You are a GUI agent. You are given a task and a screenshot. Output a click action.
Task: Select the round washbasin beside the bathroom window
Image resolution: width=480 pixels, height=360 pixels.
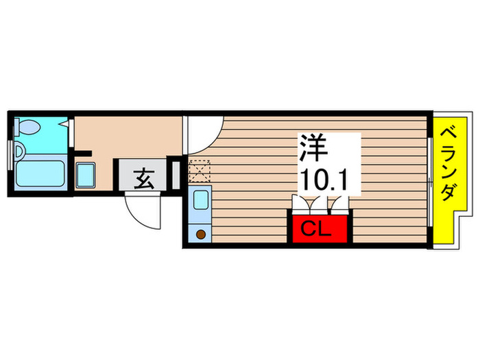click(x=19, y=150)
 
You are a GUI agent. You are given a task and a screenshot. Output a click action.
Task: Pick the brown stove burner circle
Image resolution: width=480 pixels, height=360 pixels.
click(x=202, y=235)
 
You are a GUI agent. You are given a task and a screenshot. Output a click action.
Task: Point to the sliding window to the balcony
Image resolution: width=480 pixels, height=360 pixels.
click(x=429, y=181)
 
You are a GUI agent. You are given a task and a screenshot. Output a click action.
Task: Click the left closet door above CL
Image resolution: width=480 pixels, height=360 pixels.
click(x=302, y=204)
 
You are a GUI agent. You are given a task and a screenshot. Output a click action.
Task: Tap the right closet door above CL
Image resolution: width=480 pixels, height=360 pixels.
click(x=337, y=204)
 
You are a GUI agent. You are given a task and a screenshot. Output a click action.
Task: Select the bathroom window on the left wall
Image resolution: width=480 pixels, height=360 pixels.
click(x=10, y=154)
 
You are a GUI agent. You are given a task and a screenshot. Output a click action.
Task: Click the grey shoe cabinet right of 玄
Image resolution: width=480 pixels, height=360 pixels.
click(x=174, y=175)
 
